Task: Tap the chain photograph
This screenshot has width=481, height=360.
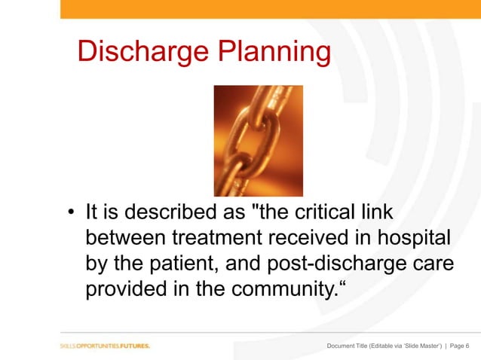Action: pyautogui.click(x=258, y=140)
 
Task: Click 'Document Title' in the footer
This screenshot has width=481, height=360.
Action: pyautogui.click(x=351, y=346)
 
